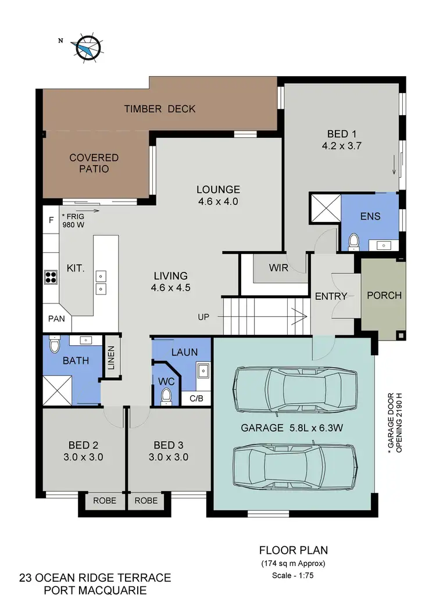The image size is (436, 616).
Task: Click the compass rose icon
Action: (87, 46)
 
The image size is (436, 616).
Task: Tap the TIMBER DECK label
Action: (159, 109)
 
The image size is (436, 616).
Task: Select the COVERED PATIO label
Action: (94, 163)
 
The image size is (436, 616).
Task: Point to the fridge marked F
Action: (51, 220)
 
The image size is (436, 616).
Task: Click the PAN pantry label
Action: (56, 319)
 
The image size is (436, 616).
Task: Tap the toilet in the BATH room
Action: (55, 346)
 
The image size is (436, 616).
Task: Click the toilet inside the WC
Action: (166, 396)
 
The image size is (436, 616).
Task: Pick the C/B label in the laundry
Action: (196, 399)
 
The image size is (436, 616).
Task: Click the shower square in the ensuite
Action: (325, 208)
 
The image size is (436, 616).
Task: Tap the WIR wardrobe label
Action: (278, 268)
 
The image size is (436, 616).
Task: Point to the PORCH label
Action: (384, 295)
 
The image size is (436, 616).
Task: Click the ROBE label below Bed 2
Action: (105, 500)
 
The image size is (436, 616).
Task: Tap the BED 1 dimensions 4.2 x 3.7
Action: (342, 146)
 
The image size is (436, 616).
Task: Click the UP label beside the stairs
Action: (203, 317)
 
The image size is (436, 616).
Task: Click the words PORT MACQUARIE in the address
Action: (95, 591)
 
